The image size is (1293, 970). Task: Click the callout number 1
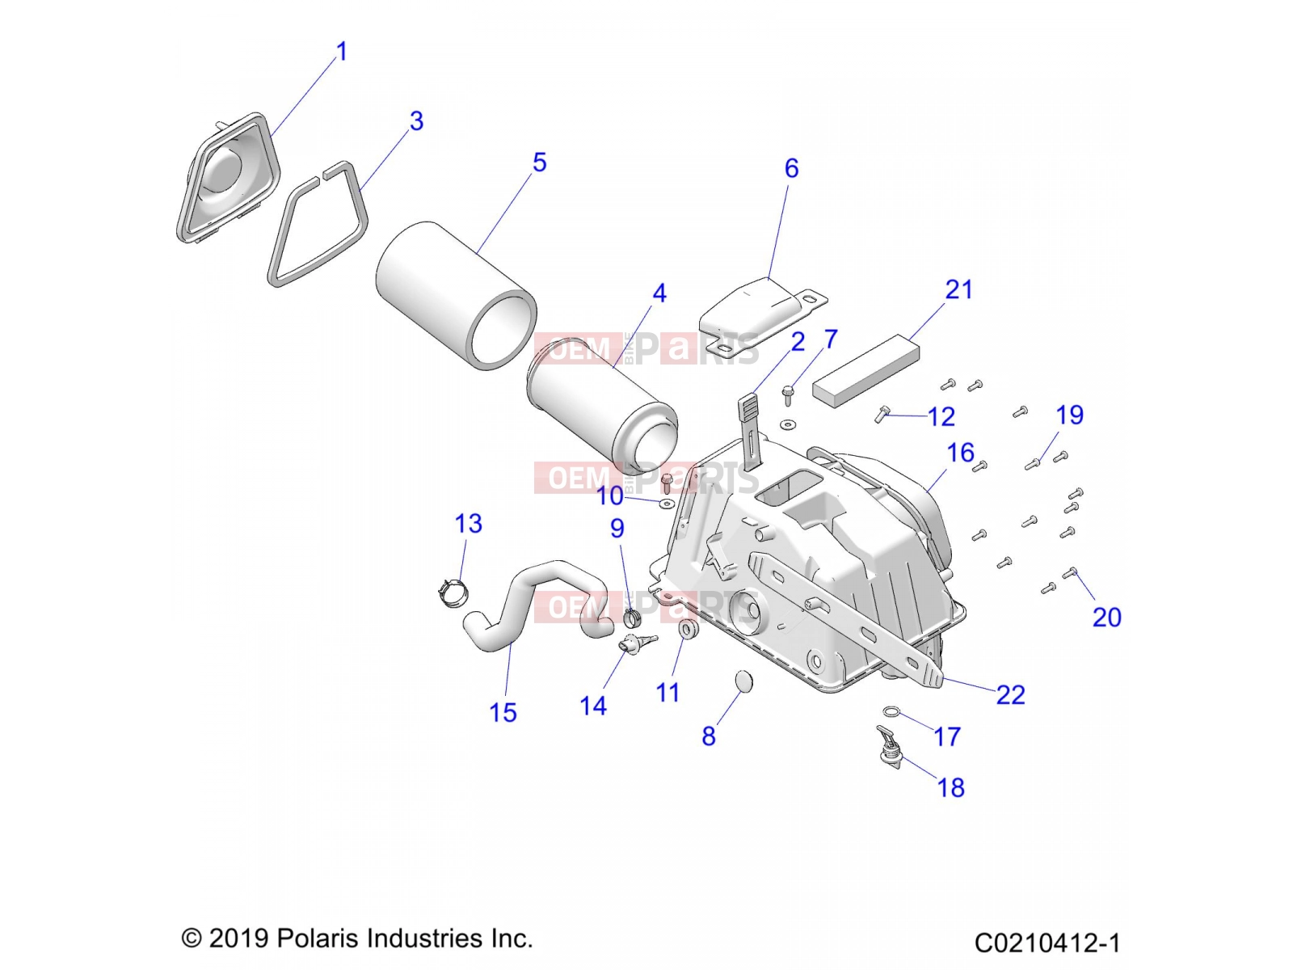click(x=342, y=52)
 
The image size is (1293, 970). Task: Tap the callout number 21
click(x=959, y=289)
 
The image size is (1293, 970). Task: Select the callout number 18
click(x=950, y=787)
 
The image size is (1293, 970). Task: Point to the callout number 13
click(x=468, y=524)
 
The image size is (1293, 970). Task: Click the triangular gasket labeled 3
click(x=318, y=224)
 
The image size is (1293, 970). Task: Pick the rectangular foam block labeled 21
click(x=866, y=370)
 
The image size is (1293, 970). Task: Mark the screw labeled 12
click(x=881, y=414)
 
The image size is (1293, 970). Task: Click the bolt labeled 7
click(x=788, y=394)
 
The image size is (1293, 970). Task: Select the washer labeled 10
click(x=667, y=503)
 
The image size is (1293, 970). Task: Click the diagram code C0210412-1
click(x=1047, y=942)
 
